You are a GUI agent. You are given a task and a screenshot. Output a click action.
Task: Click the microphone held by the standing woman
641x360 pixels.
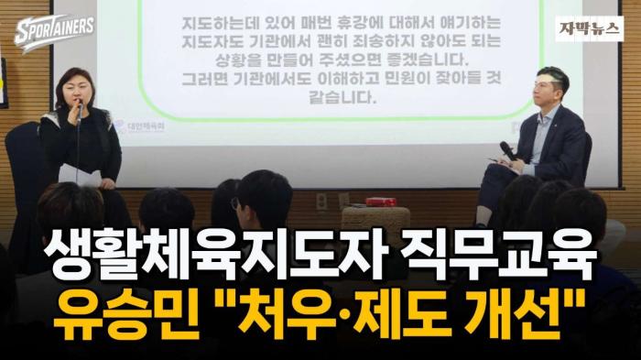[x=79, y=108]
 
